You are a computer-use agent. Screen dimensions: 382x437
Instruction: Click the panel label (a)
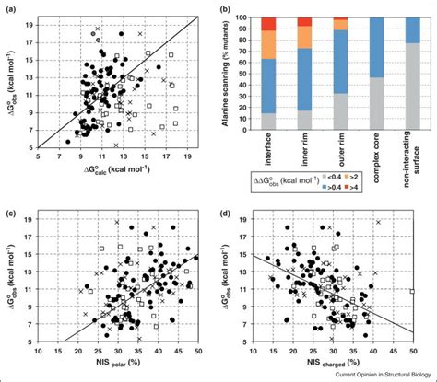point(8,9)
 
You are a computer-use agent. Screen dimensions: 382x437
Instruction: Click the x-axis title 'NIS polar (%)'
point(116,364)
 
